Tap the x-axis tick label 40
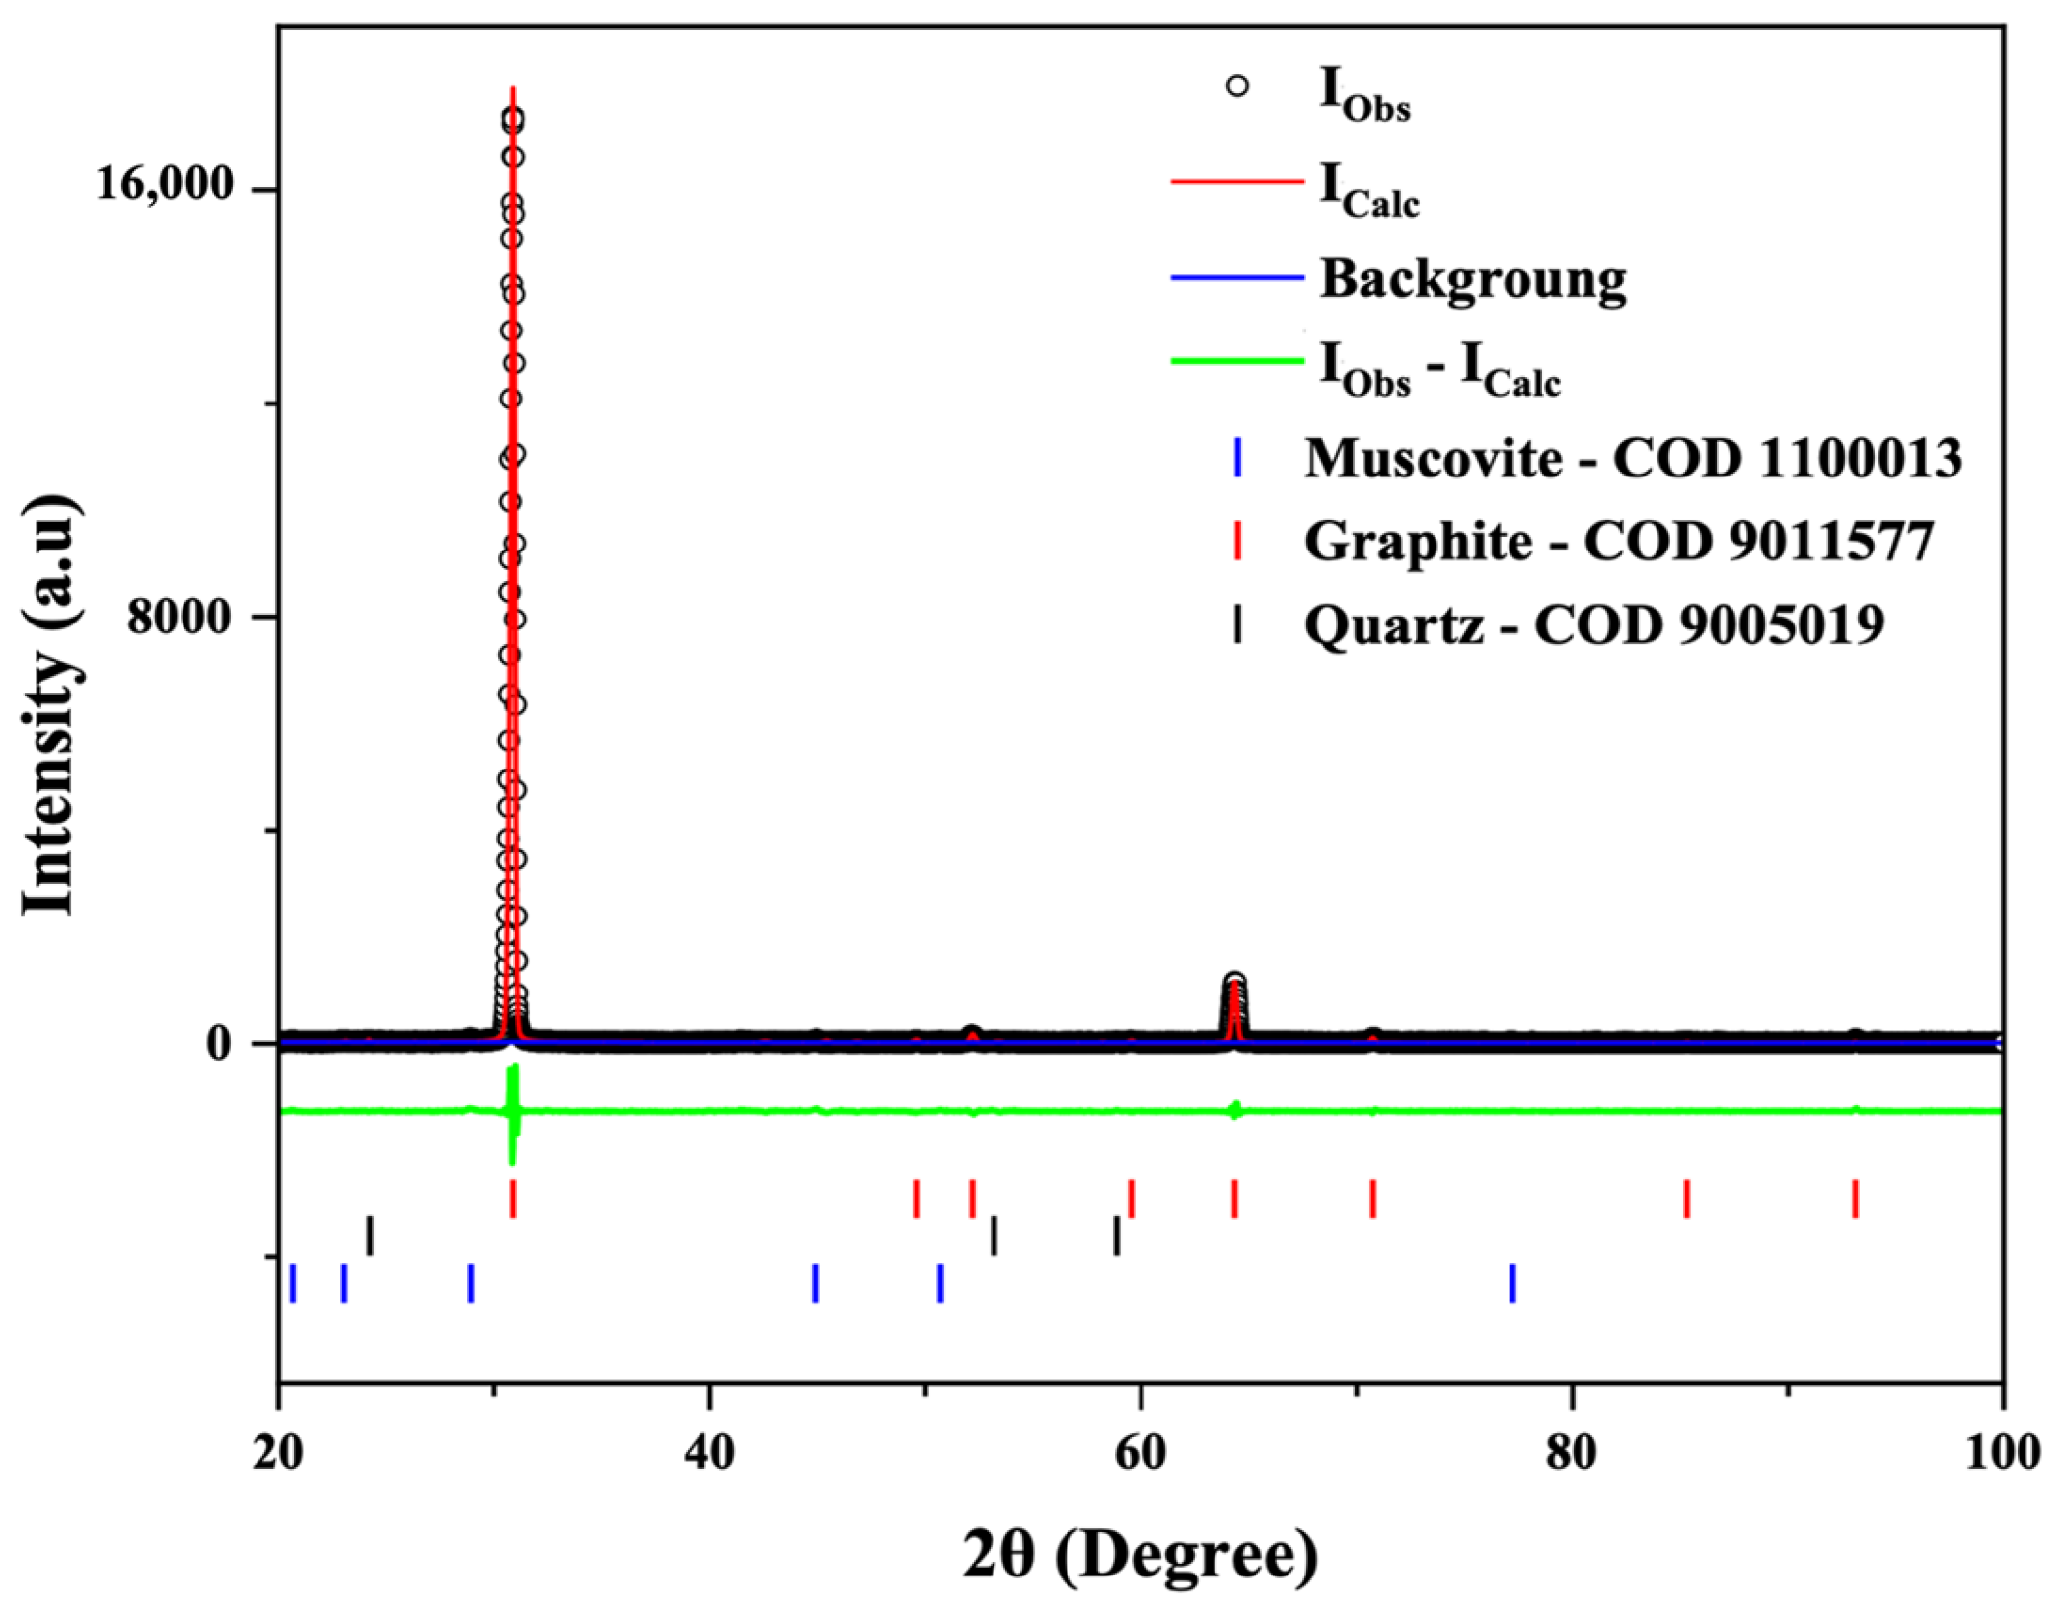point(709,1453)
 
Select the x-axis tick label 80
point(1571,1453)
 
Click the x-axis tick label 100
point(2002,1453)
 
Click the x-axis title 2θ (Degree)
point(1140,1556)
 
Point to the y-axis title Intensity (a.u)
point(49,705)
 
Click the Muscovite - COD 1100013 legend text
point(1633,458)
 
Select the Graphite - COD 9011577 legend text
point(1618,541)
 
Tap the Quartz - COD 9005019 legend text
point(1593,623)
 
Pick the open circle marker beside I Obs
point(1237,87)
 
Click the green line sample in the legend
point(1237,361)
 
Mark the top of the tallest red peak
point(512,91)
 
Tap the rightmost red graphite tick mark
point(1855,1199)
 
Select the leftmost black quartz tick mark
point(370,1235)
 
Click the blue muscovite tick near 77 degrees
point(1512,1282)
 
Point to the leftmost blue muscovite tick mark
point(293,1282)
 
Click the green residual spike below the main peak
point(512,1115)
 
